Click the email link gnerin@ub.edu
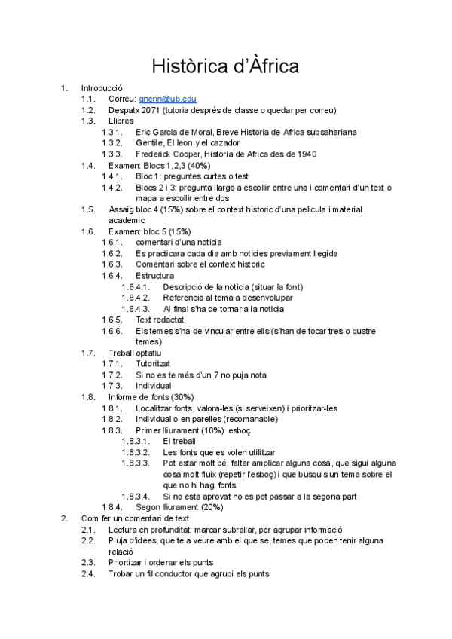coord(167,99)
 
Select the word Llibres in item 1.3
coord(121,121)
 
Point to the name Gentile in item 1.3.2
coord(150,142)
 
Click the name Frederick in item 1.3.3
coord(156,154)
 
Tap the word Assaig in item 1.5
coord(123,209)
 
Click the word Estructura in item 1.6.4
coord(154,275)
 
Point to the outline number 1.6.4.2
coord(135,298)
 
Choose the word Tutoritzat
coord(157,363)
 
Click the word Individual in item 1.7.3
coord(154,385)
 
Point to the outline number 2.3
coord(89,562)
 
